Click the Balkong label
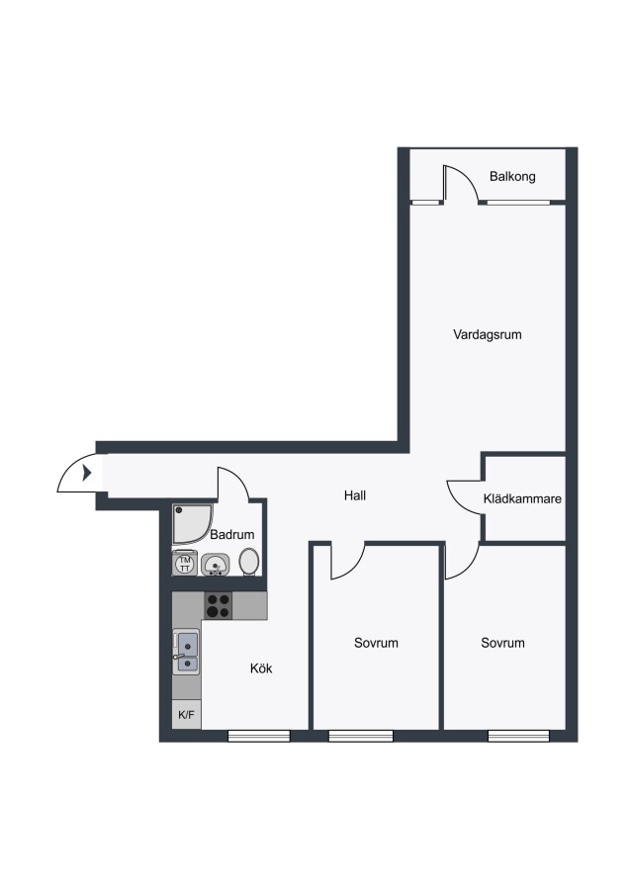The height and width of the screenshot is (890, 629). (512, 177)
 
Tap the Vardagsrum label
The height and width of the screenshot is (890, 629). (487, 334)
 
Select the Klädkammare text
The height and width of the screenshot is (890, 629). (522, 499)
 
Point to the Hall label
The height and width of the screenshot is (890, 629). (355, 495)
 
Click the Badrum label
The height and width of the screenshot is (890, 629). (231, 535)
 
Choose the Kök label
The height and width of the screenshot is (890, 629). (261, 668)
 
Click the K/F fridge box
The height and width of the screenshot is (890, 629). (186, 715)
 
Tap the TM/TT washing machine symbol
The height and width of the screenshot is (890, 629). (185, 564)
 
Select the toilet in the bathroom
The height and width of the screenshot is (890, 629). (249, 562)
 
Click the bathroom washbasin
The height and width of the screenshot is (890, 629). (216, 565)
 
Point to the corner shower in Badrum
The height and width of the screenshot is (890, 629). (193, 523)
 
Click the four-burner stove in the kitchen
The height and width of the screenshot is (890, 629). (218, 605)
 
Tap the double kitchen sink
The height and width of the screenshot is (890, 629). (187, 652)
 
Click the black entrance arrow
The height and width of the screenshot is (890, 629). (87, 473)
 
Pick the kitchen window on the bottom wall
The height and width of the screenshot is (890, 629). (259, 736)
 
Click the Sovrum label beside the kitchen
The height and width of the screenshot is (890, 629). (376, 643)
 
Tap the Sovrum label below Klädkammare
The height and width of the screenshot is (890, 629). (502, 643)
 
